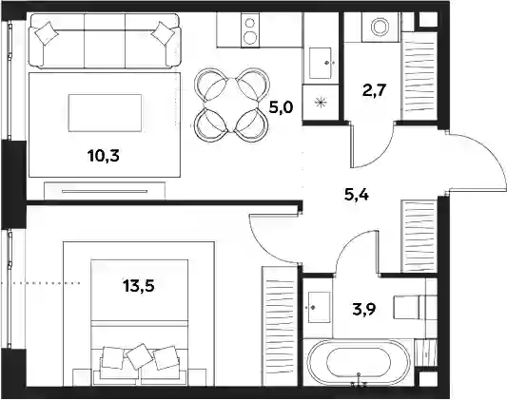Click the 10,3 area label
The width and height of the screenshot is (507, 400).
[x=103, y=156]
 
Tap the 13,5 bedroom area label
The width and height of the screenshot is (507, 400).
[x=139, y=286]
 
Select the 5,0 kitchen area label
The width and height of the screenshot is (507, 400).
[x=281, y=106]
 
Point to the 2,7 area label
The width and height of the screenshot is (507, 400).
[x=375, y=90]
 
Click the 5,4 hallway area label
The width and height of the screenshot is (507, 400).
[x=357, y=195]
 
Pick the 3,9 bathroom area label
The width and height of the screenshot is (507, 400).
[x=364, y=310]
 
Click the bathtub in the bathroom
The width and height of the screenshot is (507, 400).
[x=359, y=362]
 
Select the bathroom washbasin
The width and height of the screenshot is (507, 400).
[x=320, y=307]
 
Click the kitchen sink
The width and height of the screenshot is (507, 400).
[x=321, y=63]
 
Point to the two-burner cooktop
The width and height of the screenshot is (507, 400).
[x=250, y=30]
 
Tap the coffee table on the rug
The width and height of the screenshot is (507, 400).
[x=105, y=113]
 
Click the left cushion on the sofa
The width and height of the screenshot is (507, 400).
[x=47, y=32]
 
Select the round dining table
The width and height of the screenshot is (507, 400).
[x=231, y=105]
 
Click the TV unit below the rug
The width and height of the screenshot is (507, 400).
[x=105, y=191]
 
